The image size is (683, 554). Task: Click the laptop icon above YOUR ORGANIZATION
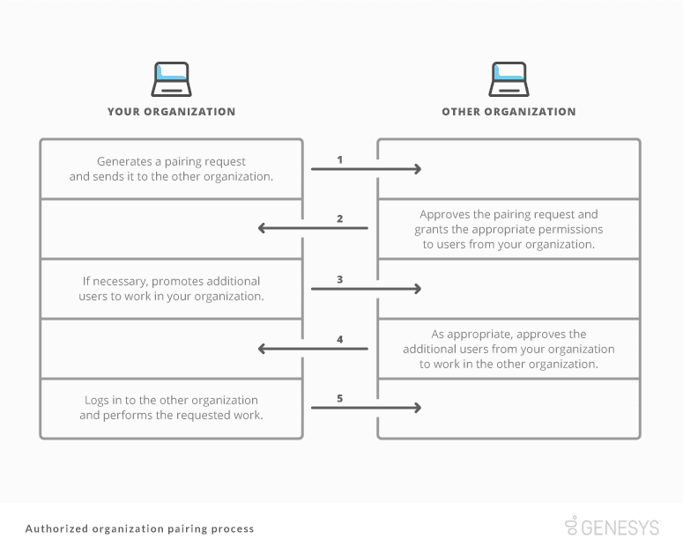click(x=171, y=79)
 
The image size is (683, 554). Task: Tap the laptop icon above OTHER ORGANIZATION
click(x=509, y=79)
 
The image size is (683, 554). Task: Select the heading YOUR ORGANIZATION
click(x=171, y=112)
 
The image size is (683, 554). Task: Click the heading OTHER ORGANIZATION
click(x=509, y=112)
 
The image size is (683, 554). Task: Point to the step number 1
click(x=340, y=159)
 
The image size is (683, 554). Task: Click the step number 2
click(x=340, y=219)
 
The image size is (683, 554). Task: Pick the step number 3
click(x=340, y=279)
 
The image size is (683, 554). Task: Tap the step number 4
click(x=340, y=339)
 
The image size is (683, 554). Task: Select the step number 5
click(x=340, y=399)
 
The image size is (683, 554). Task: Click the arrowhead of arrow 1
click(x=418, y=169)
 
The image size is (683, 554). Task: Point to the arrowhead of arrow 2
click(x=263, y=229)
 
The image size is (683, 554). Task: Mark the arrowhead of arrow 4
click(x=263, y=349)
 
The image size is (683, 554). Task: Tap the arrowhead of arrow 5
click(x=418, y=408)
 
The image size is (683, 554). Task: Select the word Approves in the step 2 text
click(x=443, y=214)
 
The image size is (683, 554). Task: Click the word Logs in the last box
click(x=98, y=401)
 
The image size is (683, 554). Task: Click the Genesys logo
click(x=612, y=527)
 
